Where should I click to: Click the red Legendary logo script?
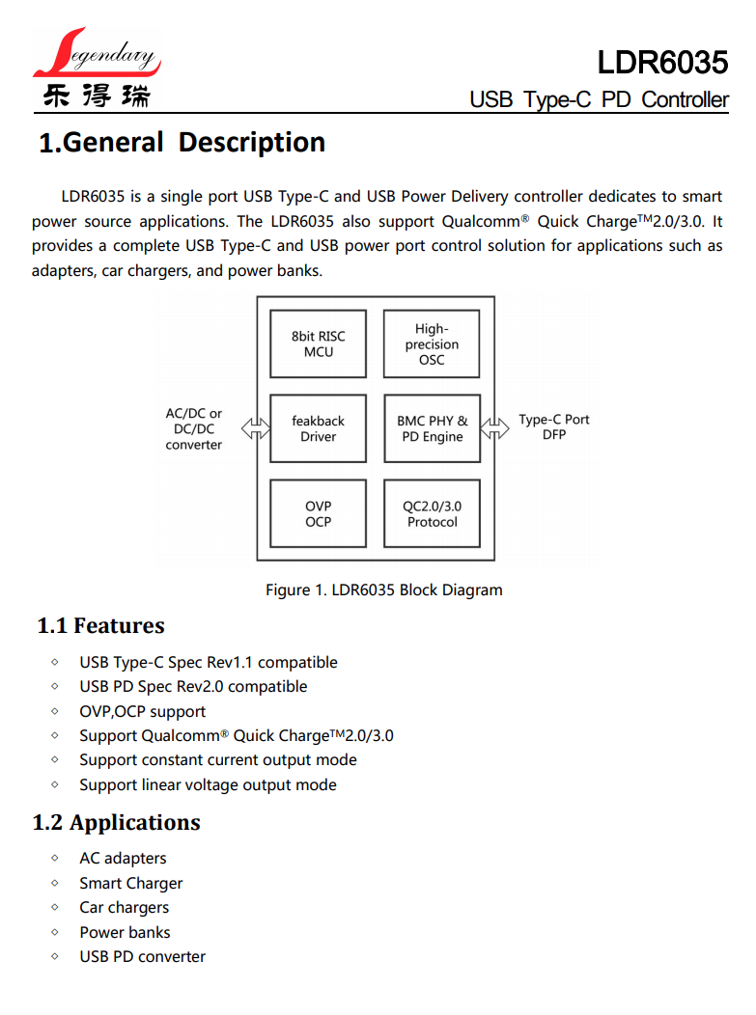(x=97, y=55)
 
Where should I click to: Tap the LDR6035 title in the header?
(x=661, y=63)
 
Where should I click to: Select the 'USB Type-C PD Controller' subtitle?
(x=599, y=99)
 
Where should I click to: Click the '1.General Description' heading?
(x=182, y=143)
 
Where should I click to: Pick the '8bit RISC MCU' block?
(x=318, y=344)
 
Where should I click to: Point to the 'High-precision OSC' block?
(x=432, y=344)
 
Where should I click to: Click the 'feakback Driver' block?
(x=318, y=429)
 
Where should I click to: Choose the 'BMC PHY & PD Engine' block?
(x=432, y=429)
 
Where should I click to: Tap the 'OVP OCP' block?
(x=318, y=514)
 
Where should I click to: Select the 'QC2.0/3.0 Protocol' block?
(x=432, y=514)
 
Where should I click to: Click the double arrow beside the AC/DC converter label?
(x=256, y=428)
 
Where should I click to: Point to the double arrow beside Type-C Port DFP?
(x=494, y=428)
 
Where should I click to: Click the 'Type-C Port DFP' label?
(x=553, y=427)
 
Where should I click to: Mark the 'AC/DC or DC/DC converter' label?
(x=193, y=429)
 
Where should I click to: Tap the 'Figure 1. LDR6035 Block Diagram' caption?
(x=383, y=590)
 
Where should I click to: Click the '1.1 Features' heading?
(x=100, y=626)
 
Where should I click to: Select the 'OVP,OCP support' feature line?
(x=142, y=712)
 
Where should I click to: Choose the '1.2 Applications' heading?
(x=116, y=823)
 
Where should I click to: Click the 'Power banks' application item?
(x=125, y=933)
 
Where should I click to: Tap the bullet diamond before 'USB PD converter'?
(x=55, y=957)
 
